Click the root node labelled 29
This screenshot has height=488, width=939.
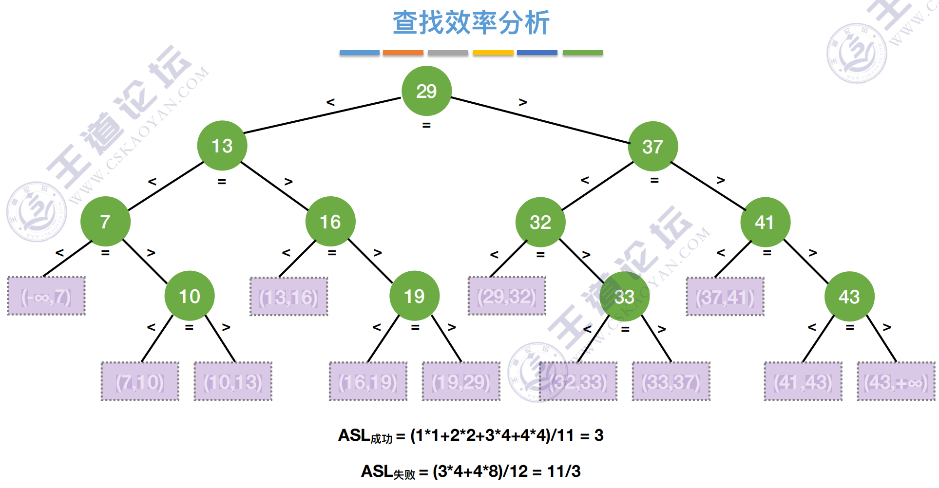tap(426, 91)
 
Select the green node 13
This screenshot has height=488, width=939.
tap(222, 146)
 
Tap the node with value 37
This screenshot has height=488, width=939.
tap(653, 146)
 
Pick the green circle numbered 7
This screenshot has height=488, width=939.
tap(105, 222)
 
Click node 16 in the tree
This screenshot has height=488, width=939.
tap(330, 222)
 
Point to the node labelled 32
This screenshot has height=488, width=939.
tap(540, 222)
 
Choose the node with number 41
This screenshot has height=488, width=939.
tap(765, 222)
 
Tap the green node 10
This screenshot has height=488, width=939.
tap(190, 296)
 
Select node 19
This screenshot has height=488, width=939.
tap(415, 296)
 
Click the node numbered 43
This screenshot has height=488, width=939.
tap(849, 297)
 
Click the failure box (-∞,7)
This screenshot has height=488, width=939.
tap(46, 296)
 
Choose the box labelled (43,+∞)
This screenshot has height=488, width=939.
tap(896, 381)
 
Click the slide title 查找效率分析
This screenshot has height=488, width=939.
tap(471, 22)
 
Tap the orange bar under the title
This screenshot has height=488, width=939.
tap(403, 53)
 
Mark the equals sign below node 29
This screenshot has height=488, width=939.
tap(426, 126)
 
